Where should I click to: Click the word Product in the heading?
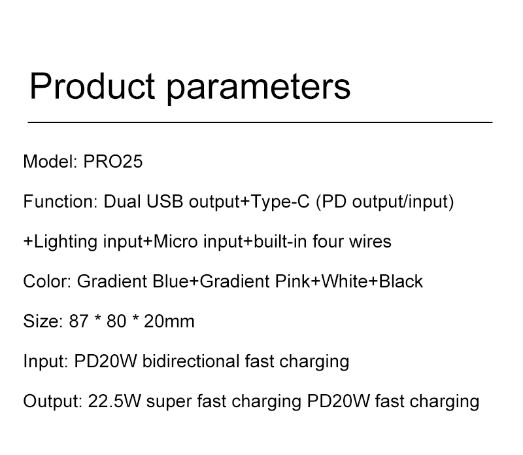tap(92, 86)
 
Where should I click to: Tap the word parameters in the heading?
tap(258, 88)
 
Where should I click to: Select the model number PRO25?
tap(112, 161)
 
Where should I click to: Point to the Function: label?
tap(60, 202)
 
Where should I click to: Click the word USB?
tap(165, 202)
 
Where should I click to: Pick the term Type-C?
tap(280, 202)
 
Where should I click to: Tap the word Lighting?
tap(65, 242)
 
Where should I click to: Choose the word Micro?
tap(175, 241)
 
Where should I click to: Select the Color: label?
tap(47, 282)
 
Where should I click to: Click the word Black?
tap(401, 282)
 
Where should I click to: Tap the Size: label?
tap(43, 321)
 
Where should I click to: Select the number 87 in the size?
tap(78, 321)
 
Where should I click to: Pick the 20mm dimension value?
tap(169, 321)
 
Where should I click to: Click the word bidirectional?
tap(190, 361)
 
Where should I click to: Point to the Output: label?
tap(53, 401)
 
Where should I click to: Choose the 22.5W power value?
tap(114, 401)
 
